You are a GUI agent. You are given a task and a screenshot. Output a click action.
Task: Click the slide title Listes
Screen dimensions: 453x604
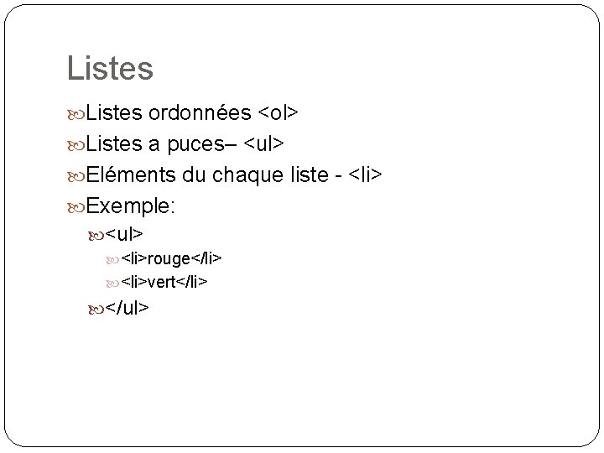(x=110, y=68)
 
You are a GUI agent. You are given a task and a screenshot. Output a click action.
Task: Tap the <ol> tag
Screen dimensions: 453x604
(x=279, y=113)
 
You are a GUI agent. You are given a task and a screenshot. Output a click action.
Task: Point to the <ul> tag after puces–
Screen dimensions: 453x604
(x=263, y=144)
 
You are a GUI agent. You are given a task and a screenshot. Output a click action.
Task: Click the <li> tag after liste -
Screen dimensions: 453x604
(x=365, y=174)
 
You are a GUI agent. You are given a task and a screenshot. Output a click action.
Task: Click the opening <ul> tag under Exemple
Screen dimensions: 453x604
(x=125, y=232)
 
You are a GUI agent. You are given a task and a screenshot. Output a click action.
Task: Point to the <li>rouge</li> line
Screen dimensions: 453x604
(x=171, y=258)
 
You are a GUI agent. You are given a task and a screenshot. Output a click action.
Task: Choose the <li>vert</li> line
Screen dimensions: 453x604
(x=164, y=283)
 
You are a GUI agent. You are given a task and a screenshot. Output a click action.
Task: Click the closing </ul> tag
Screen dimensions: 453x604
(x=128, y=308)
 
